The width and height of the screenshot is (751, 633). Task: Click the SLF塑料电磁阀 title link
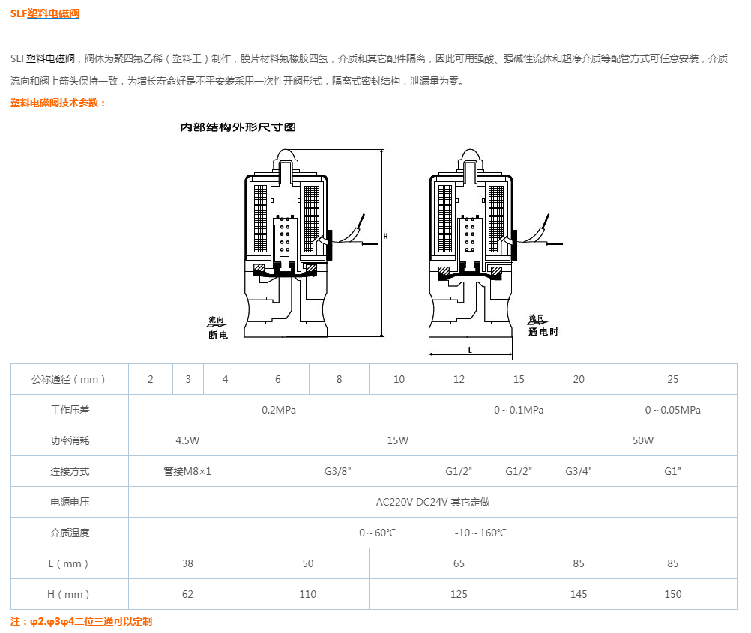tap(45, 13)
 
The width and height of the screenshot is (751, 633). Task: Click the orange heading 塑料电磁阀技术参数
tap(58, 103)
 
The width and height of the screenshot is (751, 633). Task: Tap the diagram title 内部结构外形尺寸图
tap(238, 127)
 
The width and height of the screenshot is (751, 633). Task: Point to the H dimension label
tap(385, 236)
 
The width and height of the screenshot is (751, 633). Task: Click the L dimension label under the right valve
tap(470, 350)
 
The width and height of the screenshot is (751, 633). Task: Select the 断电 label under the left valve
tap(217, 335)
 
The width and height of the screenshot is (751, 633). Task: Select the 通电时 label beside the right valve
tap(543, 332)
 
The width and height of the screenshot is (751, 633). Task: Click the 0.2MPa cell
tap(278, 410)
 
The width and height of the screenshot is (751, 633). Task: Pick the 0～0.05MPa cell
tap(672, 410)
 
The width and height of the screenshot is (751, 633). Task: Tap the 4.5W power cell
tap(187, 440)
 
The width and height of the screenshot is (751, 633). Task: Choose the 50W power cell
tap(642, 440)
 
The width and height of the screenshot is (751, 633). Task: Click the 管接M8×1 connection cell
tap(187, 471)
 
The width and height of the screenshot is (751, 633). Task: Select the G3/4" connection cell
tap(579, 471)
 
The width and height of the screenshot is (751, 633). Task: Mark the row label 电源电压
tap(70, 502)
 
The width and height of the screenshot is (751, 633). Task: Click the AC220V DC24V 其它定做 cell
tap(432, 502)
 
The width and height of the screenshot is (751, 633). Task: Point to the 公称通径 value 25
tap(672, 379)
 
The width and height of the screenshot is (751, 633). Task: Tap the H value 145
tap(579, 594)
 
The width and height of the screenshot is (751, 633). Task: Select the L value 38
tap(187, 563)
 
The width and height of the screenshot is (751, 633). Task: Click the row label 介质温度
tap(70, 533)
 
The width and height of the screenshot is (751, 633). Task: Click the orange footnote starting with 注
tap(81, 621)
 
